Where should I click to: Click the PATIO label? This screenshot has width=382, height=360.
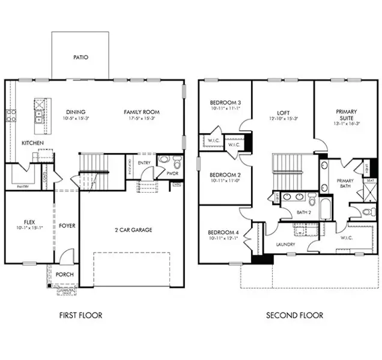pos(80,58)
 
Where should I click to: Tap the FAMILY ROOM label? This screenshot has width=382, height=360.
pos(141,112)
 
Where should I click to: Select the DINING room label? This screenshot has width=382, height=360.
pos(76,112)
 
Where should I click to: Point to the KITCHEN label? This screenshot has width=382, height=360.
pos(32,143)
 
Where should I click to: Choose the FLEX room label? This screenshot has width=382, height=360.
pos(29,221)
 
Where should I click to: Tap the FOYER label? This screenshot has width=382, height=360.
pos(67,226)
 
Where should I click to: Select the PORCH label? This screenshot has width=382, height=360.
pos(65,274)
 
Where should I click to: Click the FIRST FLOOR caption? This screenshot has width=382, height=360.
pos(80,315)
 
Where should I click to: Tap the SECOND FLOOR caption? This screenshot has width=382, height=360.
pos(295,315)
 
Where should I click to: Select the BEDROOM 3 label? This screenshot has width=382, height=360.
pos(225,102)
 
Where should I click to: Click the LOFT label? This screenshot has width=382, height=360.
pos(283,112)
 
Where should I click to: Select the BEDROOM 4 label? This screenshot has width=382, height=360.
pos(223,232)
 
